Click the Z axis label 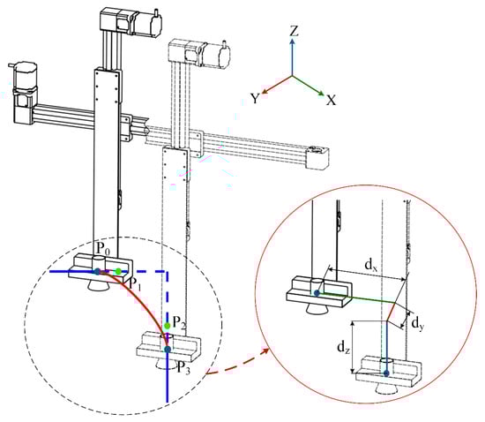coord(294,31)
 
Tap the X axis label coord(331,100)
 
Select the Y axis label coord(255,99)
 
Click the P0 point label coord(102,248)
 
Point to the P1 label coord(135,284)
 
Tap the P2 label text coord(179,322)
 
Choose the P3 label coord(183,367)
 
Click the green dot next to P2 coord(168,326)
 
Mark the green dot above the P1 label coord(118,272)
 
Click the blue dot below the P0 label coord(97,272)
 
